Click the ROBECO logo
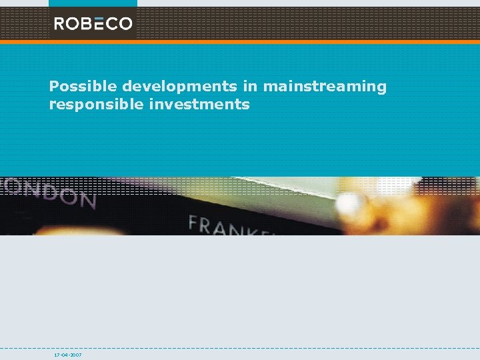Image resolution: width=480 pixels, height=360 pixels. [x=93, y=24]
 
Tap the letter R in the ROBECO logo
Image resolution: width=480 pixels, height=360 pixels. [x=59, y=24]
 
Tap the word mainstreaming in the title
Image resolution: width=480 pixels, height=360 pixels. [x=325, y=87]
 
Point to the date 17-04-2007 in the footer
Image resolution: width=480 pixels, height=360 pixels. [x=68, y=355]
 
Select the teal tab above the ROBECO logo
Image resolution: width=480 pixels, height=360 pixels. [x=93, y=3]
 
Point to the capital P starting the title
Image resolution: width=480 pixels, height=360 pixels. [x=54, y=87]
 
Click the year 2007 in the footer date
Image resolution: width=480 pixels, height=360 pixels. [x=76, y=355]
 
